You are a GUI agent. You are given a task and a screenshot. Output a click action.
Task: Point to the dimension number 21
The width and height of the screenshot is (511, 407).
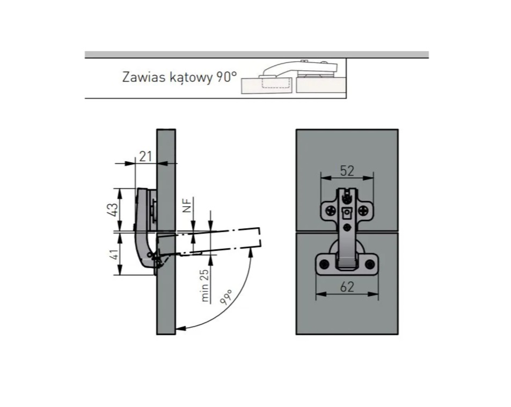145,157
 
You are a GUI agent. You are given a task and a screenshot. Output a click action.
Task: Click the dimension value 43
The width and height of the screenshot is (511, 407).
112,209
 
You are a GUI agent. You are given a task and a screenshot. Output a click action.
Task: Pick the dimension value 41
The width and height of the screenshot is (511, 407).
113,254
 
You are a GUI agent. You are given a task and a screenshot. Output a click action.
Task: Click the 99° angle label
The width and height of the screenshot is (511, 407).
226,297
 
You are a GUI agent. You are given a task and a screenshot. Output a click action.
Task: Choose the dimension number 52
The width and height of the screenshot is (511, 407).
347,171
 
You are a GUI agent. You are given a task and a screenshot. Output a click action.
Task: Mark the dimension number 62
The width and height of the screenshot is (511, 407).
347,287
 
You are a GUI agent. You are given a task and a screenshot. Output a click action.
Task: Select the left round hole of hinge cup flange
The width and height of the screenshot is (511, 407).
324,264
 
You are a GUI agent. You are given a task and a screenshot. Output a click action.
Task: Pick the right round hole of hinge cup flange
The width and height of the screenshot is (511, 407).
369,264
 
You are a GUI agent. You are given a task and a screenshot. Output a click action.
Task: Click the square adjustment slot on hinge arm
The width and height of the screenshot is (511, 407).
347,213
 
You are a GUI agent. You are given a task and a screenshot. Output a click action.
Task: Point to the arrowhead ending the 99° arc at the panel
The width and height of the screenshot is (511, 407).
180,328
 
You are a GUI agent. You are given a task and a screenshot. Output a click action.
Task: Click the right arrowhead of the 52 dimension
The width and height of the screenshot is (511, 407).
368,178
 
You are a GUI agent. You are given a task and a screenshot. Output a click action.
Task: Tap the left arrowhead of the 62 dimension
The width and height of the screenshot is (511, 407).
321,294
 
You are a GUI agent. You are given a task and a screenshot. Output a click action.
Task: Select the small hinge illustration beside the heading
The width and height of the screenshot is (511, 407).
293,77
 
